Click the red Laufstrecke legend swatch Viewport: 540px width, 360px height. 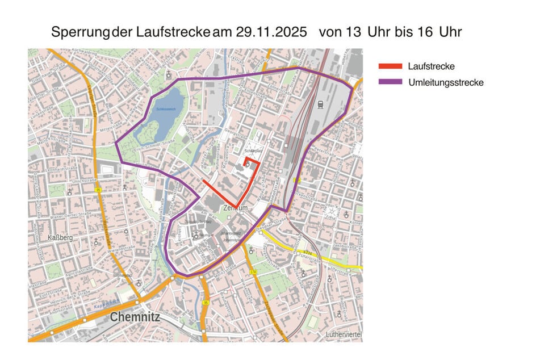(390, 67)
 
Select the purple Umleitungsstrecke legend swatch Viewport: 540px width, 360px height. (390, 83)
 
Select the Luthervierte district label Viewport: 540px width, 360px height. (344, 334)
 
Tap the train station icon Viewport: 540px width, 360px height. (321, 103)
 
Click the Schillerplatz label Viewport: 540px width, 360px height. (253, 150)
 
